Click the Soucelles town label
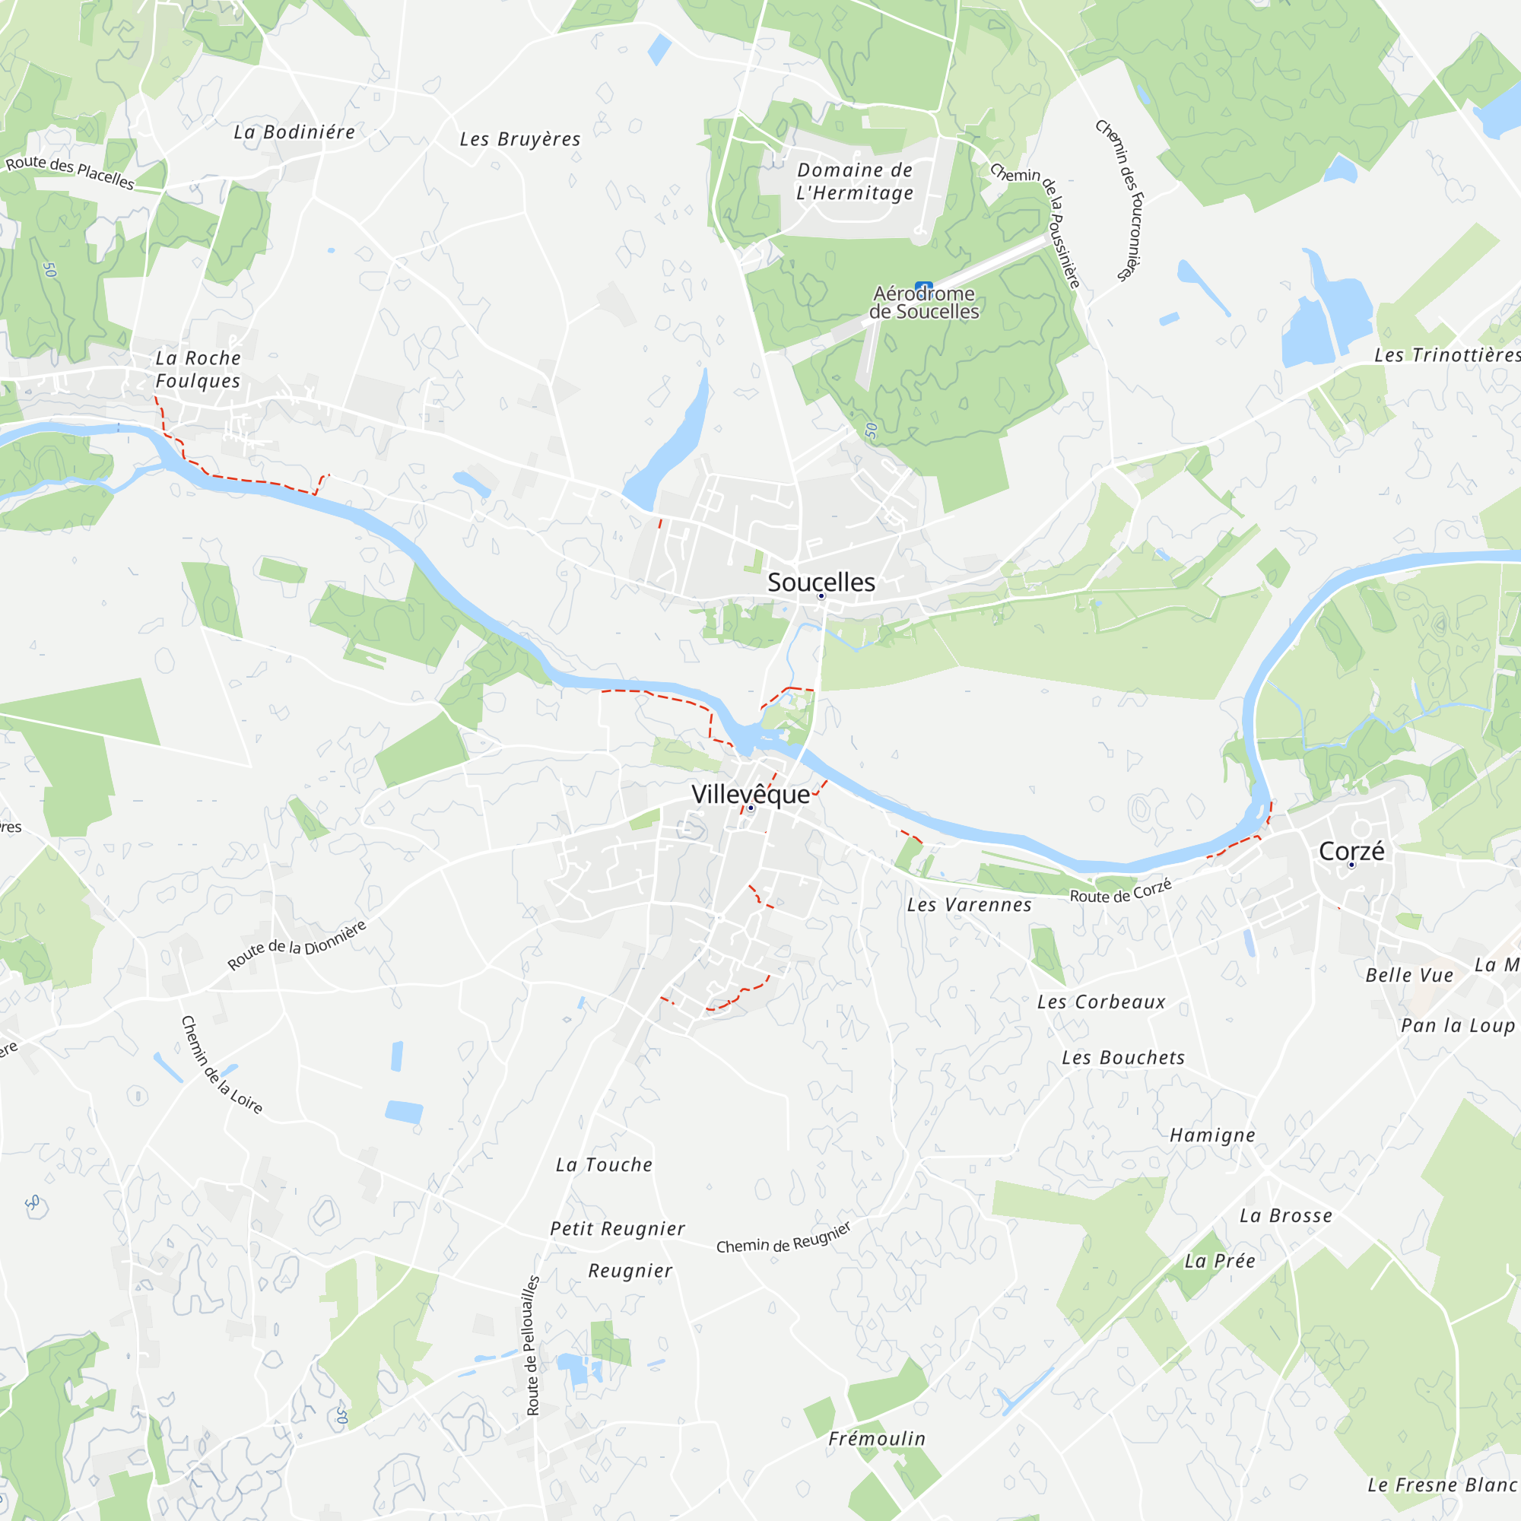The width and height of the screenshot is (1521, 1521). [x=821, y=583]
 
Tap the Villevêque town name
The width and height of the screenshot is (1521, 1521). [x=751, y=795]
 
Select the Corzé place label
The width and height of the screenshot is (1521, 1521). [x=1351, y=851]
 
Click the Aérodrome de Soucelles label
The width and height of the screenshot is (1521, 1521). [x=923, y=303]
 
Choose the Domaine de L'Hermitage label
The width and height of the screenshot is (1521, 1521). [x=854, y=182]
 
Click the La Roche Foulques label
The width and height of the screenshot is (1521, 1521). [x=198, y=370]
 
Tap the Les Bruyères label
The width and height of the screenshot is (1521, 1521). [x=519, y=139]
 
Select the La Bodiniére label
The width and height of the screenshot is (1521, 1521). [x=294, y=132]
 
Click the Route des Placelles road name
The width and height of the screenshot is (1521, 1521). [x=69, y=173]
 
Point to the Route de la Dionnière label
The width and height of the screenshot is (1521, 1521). [x=297, y=945]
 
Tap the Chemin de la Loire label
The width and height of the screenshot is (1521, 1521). [x=221, y=1065]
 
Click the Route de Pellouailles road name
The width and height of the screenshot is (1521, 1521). [x=532, y=1345]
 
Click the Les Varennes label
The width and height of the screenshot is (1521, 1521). [x=968, y=905]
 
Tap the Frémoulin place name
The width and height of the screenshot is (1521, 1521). [x=876, y=1439]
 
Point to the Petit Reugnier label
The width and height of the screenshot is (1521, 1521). [x=618, y=1229]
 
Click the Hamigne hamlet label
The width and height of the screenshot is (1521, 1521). [x=1211, y=1135]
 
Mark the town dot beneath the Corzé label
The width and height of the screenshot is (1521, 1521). [x=1351, y=865]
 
